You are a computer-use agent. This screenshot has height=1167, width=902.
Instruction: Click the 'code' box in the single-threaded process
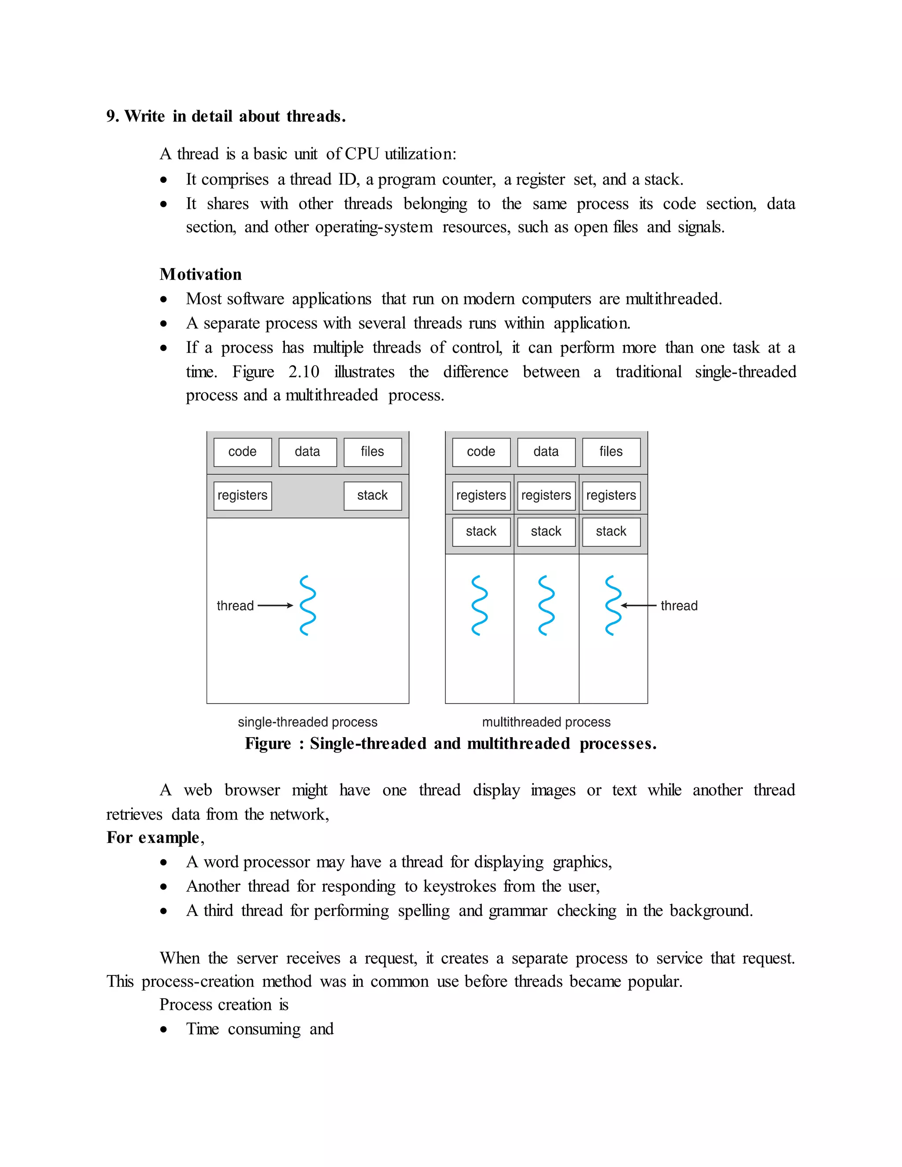pyautogui.click(x=243, y=452)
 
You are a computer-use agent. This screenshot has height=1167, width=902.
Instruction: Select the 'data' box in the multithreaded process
pyautogui.click(x=546, y=452)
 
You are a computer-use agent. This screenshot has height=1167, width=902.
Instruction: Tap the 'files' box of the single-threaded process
pyautogui.click(x=373, y=452)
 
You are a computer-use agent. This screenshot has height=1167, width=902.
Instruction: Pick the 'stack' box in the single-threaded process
pyautogui.click(x=373, y=496)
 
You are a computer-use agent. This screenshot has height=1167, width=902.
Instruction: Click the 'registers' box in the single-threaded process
pyautogui.click(x=243, y=496)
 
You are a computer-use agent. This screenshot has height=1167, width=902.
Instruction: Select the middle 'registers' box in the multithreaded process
pyautogui.click(x=546, y=496)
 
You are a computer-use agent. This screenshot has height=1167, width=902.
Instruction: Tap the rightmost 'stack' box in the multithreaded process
pyautogui.click(x=611, y=532)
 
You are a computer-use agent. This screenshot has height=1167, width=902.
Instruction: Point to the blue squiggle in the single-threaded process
pyautogui.click(x=308, y=606)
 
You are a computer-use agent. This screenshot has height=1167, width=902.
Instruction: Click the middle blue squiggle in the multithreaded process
pyautogui.click(x=546, y=606)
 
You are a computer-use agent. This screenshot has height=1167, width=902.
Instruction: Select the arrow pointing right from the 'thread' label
pyautogui.click(x=275, y=606)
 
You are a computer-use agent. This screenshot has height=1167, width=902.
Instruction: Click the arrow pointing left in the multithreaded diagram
pyautogui.click(x=639, y=606)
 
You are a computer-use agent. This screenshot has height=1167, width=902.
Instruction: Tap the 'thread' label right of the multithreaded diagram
pyautogui.click(x=679, y=606)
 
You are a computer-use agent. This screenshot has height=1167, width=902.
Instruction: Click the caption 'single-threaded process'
pyautogui.click(x=307, y=722)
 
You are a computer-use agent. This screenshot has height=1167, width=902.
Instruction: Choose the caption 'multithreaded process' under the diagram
pyautogui.click(x=546, y=722)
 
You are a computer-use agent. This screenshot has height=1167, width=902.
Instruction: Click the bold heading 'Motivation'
pyautogui.click(x=200, y=275)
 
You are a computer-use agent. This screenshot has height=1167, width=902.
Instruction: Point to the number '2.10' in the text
pyautogui.click(x=303, y=372)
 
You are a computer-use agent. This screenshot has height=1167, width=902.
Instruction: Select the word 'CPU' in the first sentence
pyautogui.click(x=362, y=154)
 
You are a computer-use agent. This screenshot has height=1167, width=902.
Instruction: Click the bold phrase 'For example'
pyautogui.click(x=153, y=837)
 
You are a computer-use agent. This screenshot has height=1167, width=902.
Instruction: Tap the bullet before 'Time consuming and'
pyautogui.click(x=164, y=1029)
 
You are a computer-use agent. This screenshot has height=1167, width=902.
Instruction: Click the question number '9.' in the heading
pyautogui.click(x=112, y=117)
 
